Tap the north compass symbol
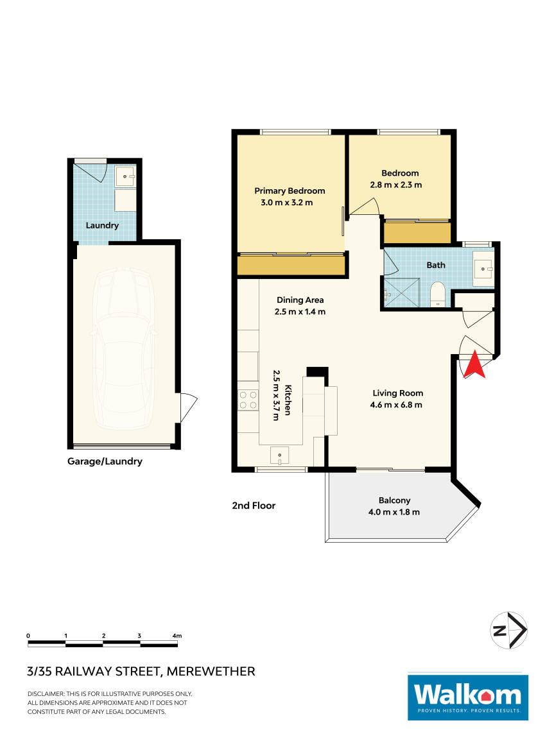508,631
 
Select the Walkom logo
467,697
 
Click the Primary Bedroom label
290,191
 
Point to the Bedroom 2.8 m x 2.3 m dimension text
399,185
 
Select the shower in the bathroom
402,293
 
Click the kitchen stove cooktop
248,400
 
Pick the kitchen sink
281,455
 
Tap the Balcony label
394,500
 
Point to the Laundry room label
102,225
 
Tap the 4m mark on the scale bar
177,636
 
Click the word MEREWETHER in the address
211,672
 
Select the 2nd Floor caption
254,505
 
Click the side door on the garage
187,408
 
